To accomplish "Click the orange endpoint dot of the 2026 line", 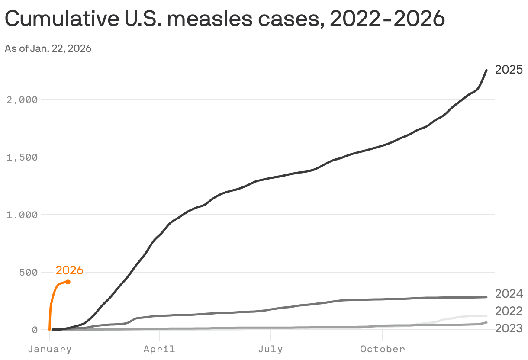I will [68, 282].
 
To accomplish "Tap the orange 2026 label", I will [69, 270].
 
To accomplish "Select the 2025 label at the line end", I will [509, 70].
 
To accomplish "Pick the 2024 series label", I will [509, 294].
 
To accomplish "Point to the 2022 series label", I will [509, 311].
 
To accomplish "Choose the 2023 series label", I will [509, 328].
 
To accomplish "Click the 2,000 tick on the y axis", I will [23, 100].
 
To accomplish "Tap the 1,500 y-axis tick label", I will [23, 157].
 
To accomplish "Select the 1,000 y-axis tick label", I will [23, 215].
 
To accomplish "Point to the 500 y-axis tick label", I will [29, 272].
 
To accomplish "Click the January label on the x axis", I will [50, 349].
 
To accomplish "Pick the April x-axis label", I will [159, 349].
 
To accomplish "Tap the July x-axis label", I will [270, 349].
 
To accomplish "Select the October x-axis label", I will [383, 349].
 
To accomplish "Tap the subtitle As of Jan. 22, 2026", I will [48, 48].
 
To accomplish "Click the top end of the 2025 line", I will [486, 70].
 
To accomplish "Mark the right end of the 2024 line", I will [486, 297].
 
